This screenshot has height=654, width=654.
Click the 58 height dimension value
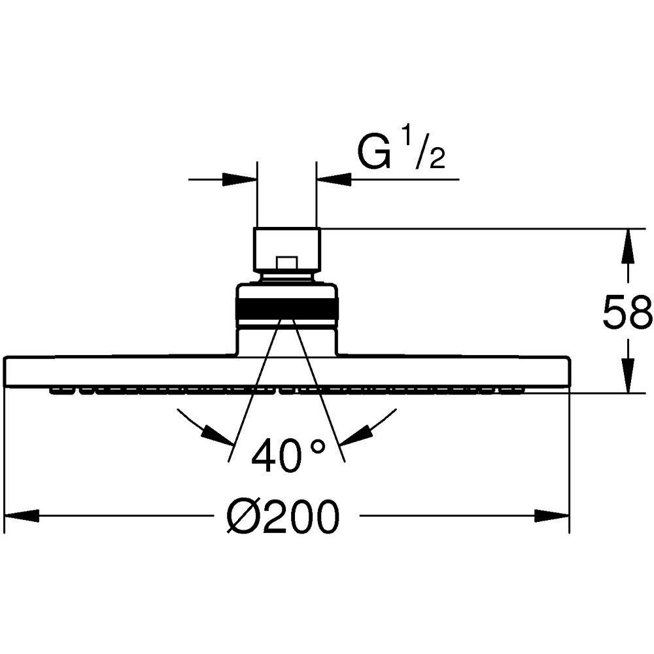pyautogui.click(x=627, y=311)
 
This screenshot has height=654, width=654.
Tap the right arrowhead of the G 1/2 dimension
pyautogui.click(x=334, y=180)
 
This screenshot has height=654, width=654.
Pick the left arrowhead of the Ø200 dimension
pyautogui.click(x=21, y=517)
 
